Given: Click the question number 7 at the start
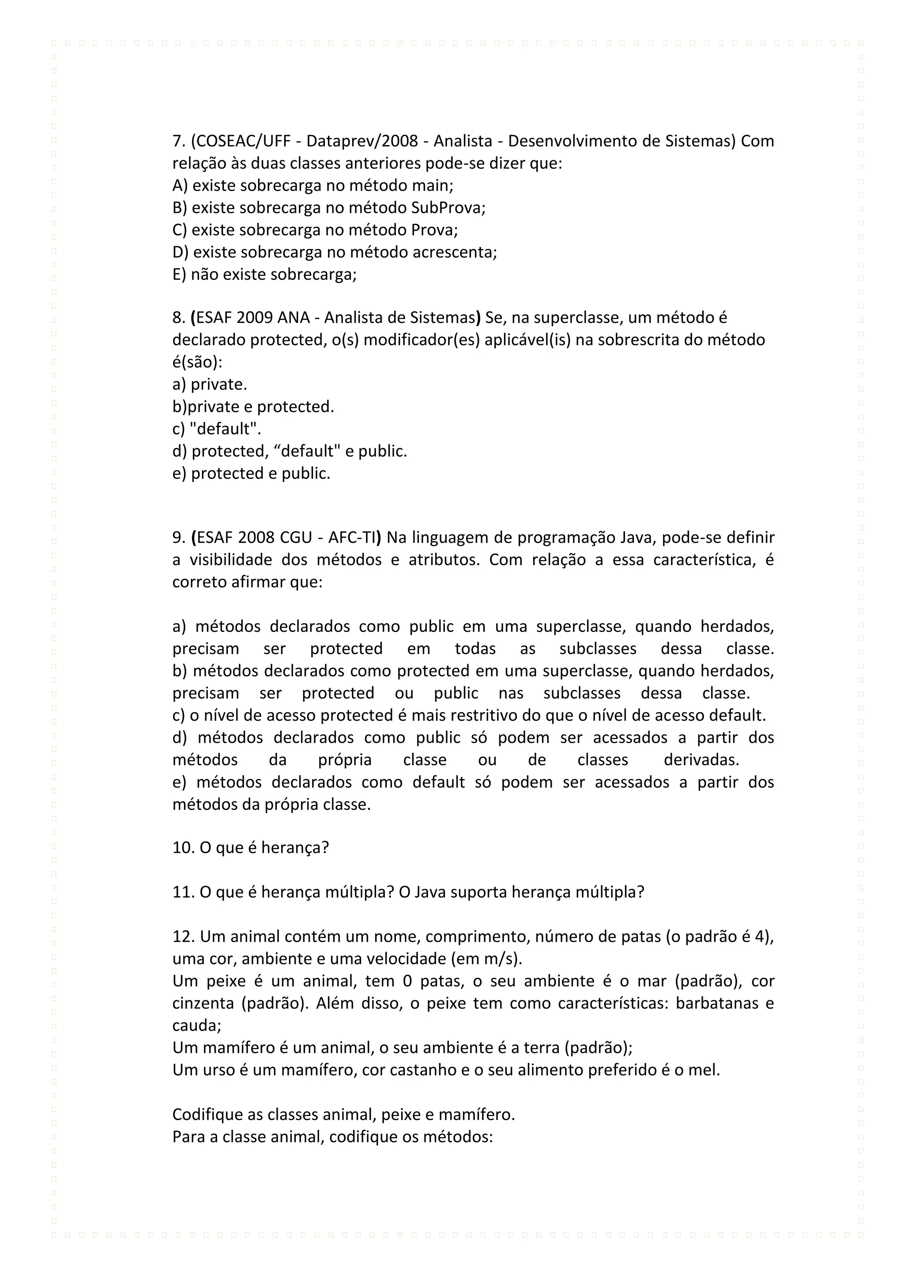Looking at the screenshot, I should point(177,141).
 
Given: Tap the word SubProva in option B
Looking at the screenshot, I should point(448,208).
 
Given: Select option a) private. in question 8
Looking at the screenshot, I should point(209,385).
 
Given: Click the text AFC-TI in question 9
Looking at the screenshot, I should point(352,538).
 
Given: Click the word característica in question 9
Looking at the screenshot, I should point(704,560).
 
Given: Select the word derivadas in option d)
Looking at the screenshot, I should point(701,760).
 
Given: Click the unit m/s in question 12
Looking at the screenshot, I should point(505,959).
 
